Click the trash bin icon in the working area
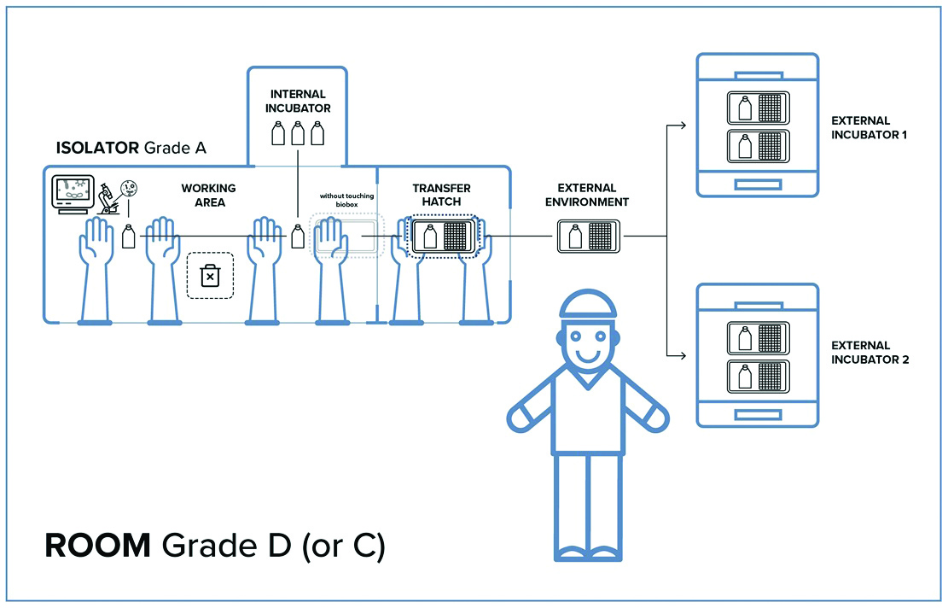209,275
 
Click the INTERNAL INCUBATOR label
297,101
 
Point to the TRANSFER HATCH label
441,195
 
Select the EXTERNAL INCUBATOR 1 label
861,128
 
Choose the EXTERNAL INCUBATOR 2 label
861,352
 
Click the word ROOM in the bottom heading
97,547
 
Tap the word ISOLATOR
96,147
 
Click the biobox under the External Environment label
589,236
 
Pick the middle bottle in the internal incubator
298,135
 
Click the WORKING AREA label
208,195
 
